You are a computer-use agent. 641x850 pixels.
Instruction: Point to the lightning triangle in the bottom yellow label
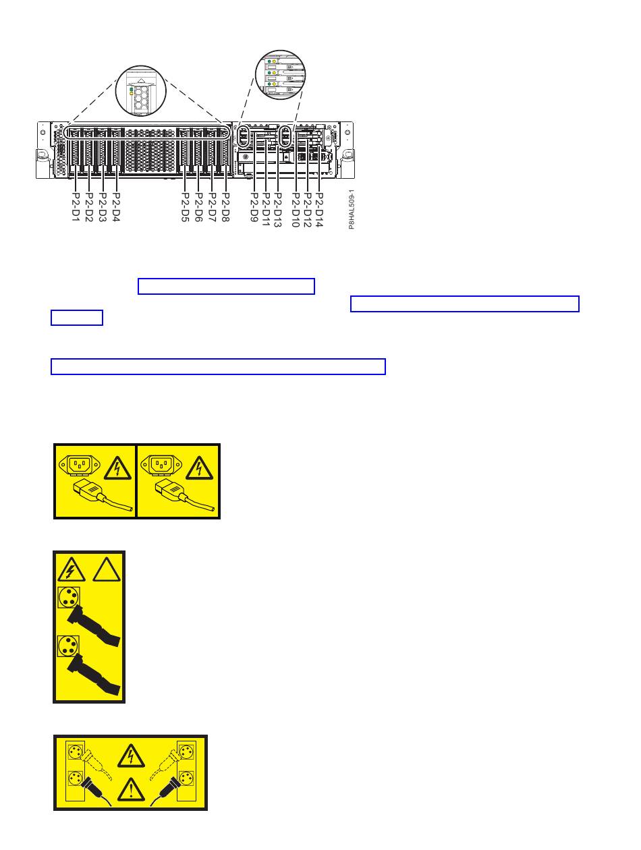coord(131,757)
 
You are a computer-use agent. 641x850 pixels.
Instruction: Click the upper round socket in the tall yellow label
coord(67,598)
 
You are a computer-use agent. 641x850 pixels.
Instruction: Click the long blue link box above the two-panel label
coord(218,366)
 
